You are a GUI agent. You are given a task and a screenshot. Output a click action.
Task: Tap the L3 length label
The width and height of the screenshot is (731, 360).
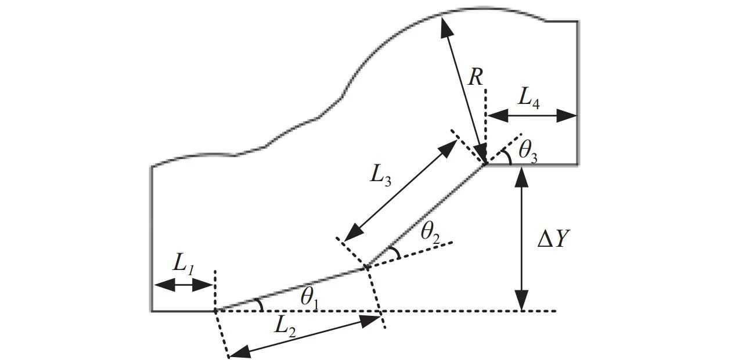pos(381,176)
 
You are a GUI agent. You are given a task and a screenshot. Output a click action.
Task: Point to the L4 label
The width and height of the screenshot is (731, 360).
pos(529,98)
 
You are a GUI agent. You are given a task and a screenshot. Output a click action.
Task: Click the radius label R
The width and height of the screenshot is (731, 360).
pos(476,77)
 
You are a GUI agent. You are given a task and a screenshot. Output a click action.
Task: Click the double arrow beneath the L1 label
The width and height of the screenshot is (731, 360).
pos(183,285)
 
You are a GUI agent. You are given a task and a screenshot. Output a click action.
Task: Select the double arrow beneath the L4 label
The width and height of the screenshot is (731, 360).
pos(531,116)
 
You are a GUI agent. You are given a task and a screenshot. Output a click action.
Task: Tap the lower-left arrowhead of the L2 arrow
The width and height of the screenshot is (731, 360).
pos(238,352)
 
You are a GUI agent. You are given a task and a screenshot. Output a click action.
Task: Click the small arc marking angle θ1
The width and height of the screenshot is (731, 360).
pos(260,305)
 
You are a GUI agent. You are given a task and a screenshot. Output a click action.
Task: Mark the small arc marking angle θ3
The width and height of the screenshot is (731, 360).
pos(509,157)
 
